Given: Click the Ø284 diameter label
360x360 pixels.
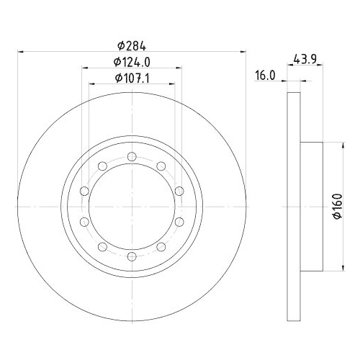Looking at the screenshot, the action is pos(132,46).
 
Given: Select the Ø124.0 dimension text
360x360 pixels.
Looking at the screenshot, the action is pos(132,63).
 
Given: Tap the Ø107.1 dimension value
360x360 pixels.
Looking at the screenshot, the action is pos(132,78).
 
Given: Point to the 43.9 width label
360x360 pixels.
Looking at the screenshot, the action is pos(305,59).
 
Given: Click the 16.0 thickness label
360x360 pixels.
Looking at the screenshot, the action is pos(265,76).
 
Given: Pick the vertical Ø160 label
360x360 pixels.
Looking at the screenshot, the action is pos(337,206).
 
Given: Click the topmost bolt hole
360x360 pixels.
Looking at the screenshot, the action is pos(132,157).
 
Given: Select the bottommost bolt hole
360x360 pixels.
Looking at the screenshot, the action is pos(132,256).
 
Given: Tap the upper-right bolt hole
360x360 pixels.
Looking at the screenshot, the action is pos(161,166).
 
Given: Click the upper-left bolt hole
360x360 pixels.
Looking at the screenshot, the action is pos(102,166).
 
